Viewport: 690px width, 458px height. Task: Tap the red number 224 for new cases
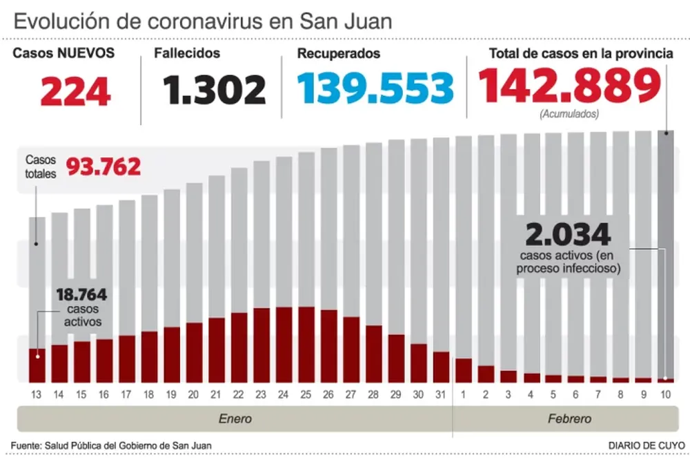(x=76, y=90)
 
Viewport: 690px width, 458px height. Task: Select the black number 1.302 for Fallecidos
(x=214, y=90)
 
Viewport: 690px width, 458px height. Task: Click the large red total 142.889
(x=569, y=86)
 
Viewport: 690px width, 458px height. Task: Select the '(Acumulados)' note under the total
(x=569, y=113)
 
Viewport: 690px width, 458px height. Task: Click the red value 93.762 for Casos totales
(x=103, y=166)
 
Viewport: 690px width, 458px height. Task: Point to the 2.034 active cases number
(x=568, y=235)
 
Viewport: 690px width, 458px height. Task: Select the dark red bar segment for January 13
(x=37, y=365)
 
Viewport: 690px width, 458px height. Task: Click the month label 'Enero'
(x=235, y=419)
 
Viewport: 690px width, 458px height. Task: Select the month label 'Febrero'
(x=569, y=419)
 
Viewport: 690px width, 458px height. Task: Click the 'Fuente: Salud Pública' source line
(x=111, y=446)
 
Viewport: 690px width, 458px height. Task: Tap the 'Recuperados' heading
(x=338, y=53)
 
